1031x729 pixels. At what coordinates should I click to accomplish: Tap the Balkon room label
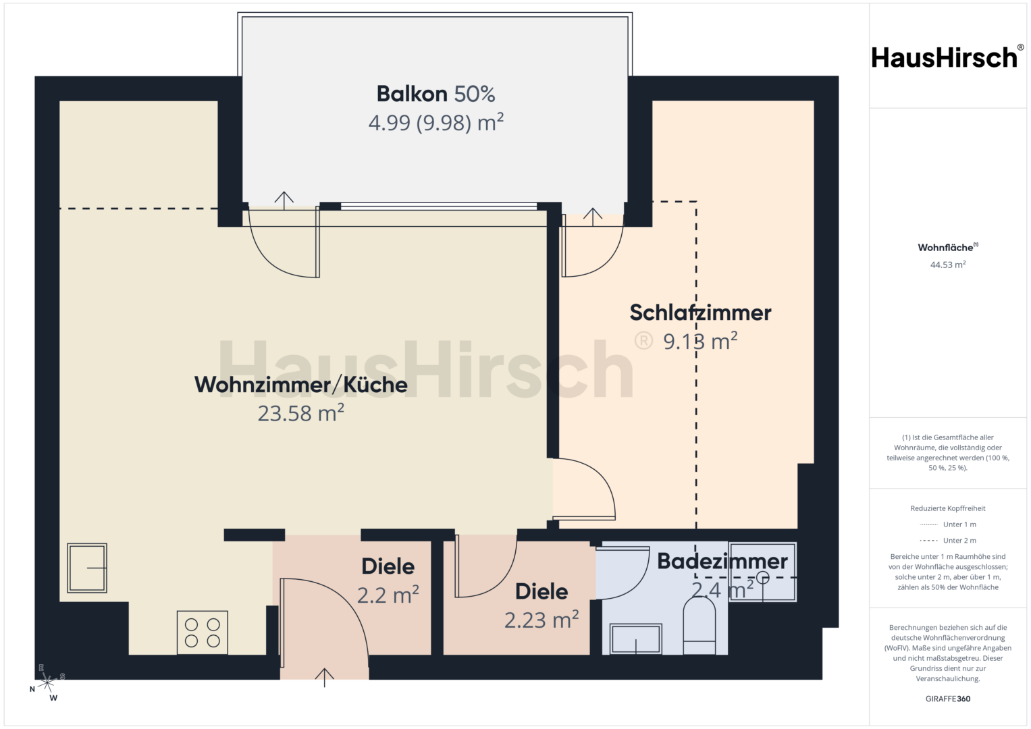tap(412, 94)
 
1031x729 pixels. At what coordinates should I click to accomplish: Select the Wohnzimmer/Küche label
tap(301, 385)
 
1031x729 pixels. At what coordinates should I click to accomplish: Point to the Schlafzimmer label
tap(700, 313)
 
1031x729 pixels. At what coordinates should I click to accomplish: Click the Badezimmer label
tap(722, 561)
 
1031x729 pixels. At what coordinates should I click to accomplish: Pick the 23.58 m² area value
tap(301, 413)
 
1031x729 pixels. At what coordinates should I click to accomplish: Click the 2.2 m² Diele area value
tap(388, 595)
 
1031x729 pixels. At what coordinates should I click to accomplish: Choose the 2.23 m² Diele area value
tap(541, 620)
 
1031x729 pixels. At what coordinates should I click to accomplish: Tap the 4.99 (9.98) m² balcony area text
tap(436, 122)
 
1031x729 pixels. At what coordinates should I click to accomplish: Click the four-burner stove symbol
tap(203, 632)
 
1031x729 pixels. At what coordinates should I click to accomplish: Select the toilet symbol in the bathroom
tap(699, 626)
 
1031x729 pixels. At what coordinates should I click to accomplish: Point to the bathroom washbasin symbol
tap(635, 639)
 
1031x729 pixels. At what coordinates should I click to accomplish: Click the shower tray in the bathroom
tap(763, 572)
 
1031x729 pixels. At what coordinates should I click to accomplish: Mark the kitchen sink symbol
tap(87, 568)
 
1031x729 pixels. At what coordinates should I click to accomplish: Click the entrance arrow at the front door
tap(325, 678)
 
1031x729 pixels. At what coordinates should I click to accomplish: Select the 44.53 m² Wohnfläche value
tap(948, 265)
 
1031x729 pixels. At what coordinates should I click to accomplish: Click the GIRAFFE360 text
tap(948, 699)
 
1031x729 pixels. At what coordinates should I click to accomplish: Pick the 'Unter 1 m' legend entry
tap(948, 524)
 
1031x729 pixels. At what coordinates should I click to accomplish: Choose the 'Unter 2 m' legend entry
tap(948, 540)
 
